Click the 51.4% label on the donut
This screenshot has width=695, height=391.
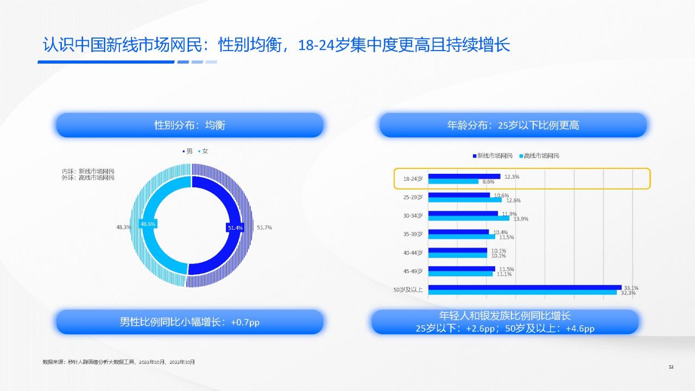point(235,228)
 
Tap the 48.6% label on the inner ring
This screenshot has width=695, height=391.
point(148,224)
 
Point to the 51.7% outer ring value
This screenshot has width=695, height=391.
point(264,228)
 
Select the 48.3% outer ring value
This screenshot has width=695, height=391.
point(123,227)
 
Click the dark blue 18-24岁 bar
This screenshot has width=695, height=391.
point(464,176)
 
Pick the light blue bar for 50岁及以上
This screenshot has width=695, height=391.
point(522,292)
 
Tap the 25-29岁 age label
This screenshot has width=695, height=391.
point(413,197)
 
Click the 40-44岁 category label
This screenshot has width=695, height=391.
point(413,253)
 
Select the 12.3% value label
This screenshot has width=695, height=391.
point(511,176)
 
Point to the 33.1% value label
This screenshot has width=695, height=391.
point(631,288)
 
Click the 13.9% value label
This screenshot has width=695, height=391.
point(521,219)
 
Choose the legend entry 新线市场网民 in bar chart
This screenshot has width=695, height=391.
point(492,156)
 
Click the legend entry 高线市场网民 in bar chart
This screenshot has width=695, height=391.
point(539,156)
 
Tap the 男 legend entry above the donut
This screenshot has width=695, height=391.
point(187,151)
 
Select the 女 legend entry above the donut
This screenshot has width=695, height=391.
point(203,151)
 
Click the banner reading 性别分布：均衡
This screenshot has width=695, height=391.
point(189,125)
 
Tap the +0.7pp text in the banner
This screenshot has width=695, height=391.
point(245,322)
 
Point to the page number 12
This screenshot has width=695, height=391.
point(671,367)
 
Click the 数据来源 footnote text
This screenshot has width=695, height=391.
point(118,362)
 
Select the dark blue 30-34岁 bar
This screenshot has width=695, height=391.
point(463,213)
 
